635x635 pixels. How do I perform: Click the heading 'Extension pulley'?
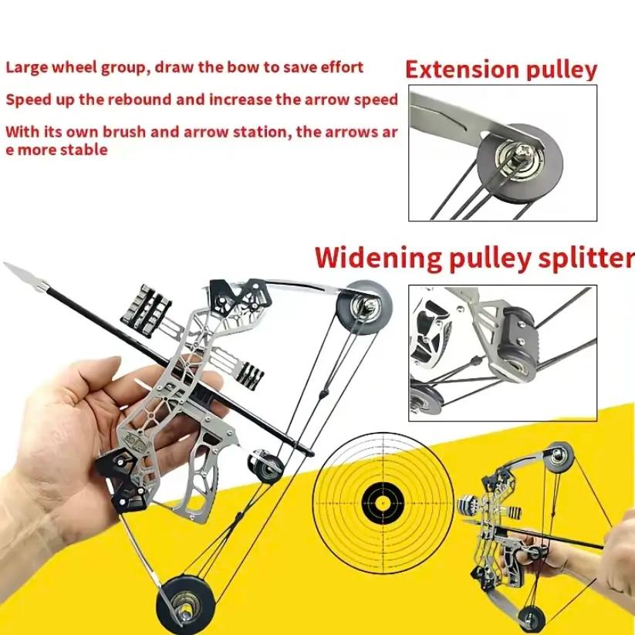tap(501, 70)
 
